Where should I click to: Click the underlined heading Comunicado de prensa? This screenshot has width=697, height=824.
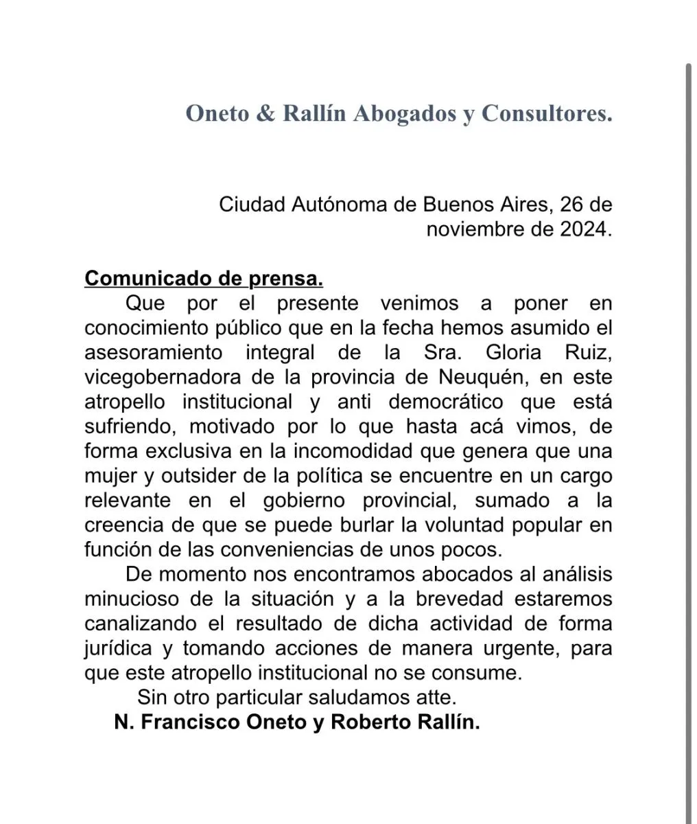(204, 279)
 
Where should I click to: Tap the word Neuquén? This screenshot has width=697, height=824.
(482, 378)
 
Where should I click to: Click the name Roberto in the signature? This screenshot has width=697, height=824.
(371, 723)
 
